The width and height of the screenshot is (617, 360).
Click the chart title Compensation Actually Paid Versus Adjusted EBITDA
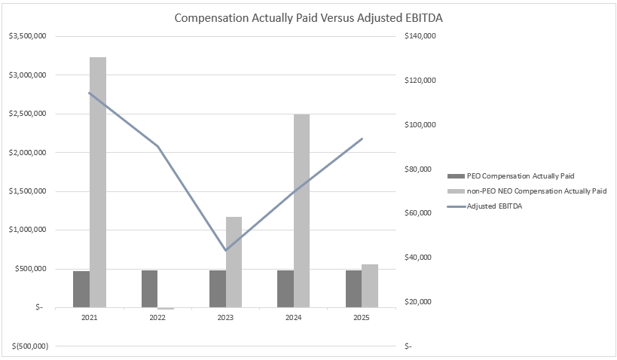(x=308, y=17)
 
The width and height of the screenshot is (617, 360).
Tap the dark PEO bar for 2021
(x=81, y=289)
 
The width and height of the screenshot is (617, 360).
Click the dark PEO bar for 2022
(x=149, y=288)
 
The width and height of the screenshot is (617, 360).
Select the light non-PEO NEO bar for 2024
(x=301, y=211)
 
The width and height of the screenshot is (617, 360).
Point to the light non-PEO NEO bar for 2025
(x=369, y=286)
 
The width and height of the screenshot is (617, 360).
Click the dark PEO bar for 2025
(x=353, y=288)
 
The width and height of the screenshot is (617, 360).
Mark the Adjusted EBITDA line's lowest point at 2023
(x=225, y=250)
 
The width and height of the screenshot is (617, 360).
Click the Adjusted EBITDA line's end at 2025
(x=362, y=139)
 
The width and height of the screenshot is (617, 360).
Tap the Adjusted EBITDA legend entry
(x=494, y=206)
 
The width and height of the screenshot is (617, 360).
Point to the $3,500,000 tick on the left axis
(x=27, y=36)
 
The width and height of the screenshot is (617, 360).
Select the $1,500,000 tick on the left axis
(x=27, y=191)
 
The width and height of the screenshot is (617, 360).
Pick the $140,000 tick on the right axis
(x=421, y=36)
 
